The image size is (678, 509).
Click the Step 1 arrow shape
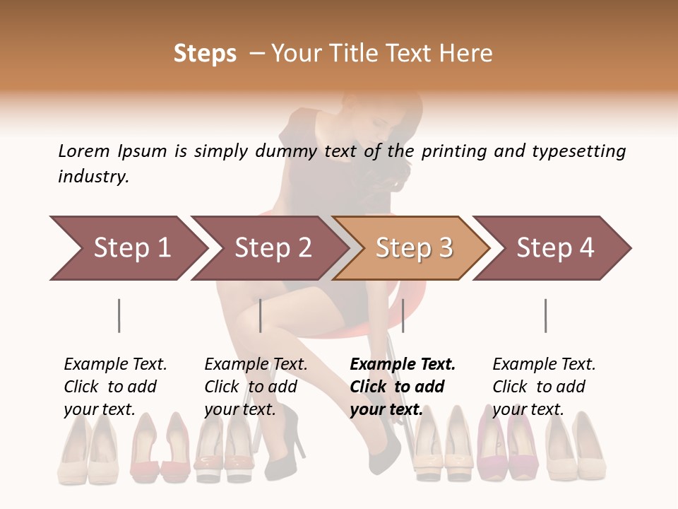127,248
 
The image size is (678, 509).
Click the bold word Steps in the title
205,53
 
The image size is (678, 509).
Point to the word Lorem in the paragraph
84,151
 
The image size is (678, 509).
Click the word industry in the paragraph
93,177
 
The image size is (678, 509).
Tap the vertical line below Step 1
119,315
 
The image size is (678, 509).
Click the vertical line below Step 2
261,315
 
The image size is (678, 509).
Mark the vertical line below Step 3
403,315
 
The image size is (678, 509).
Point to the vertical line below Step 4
545,315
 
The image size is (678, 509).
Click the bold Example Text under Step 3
403,364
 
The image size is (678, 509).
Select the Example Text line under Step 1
115,364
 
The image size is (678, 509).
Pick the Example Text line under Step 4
544,364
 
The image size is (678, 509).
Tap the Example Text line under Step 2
256,364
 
